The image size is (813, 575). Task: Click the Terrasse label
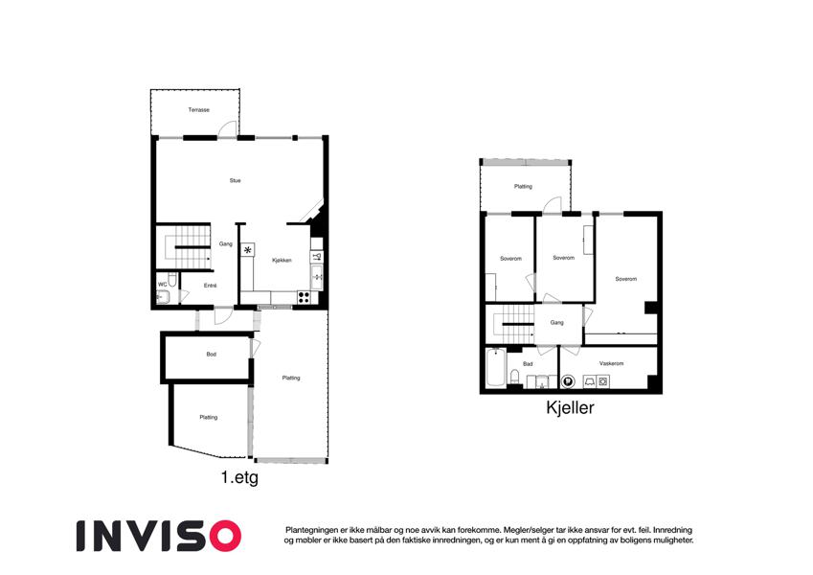tap(198, 110)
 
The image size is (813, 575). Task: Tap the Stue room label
tap(235, 180)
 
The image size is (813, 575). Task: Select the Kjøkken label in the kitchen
tap(282, 261)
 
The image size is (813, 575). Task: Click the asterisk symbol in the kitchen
tap(248, 250)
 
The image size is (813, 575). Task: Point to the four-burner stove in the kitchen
tap(304, 297)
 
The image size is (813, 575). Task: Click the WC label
tap(162, 285)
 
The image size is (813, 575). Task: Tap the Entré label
tap(210, 286)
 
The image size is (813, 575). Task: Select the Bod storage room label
tap(211, 355)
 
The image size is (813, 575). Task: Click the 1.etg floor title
tap(239, 477)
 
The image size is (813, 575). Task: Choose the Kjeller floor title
tap(570, 408)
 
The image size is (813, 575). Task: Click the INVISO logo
tap(159, 536)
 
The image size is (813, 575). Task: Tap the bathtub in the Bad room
tap(496, 368)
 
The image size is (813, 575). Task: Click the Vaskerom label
tap(611, 364)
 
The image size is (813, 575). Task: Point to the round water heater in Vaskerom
tap(568, 382)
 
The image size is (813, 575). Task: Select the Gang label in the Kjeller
tap(556, 323)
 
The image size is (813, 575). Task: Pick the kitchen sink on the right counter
tap(317, 277)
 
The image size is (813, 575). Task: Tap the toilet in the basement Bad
tap(515, 377)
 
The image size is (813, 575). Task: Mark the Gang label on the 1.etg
tap(226, 244)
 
